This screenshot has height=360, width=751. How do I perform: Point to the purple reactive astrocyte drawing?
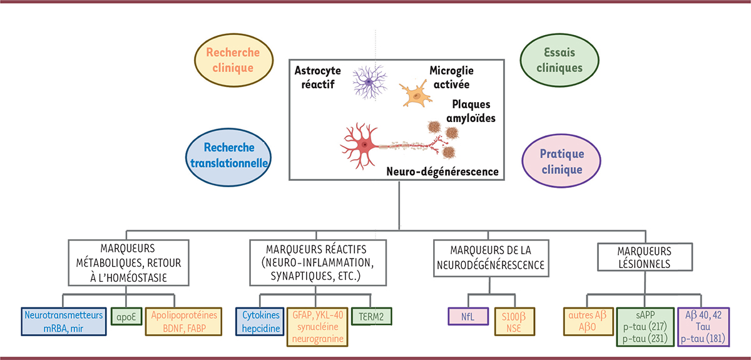tap(370, 81)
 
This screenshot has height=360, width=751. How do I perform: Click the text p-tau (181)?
tap(712, 337)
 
